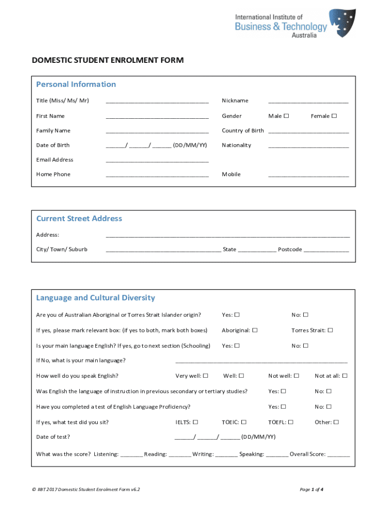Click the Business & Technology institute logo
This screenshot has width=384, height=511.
[x=295, y=23]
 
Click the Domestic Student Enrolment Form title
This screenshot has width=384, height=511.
[x=108, y=60]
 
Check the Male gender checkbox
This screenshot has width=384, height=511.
[x=286, y=116]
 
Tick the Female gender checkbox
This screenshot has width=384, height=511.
[x=334, y=116]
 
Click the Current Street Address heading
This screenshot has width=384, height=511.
[x=79, y=219]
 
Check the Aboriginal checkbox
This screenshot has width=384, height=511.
[x=255, y=330]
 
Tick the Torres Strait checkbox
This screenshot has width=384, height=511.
[x=330, y=330]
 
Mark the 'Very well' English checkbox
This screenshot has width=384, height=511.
[x=205, y=376]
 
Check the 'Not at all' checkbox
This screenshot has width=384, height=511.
[x=345, y=376]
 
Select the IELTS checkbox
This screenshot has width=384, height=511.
[x=195, y=422]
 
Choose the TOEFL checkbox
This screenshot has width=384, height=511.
[x=291, y=422]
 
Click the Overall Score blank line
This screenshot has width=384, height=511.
[x=339, y=455]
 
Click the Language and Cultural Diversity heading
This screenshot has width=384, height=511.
[x=95, y=298]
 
